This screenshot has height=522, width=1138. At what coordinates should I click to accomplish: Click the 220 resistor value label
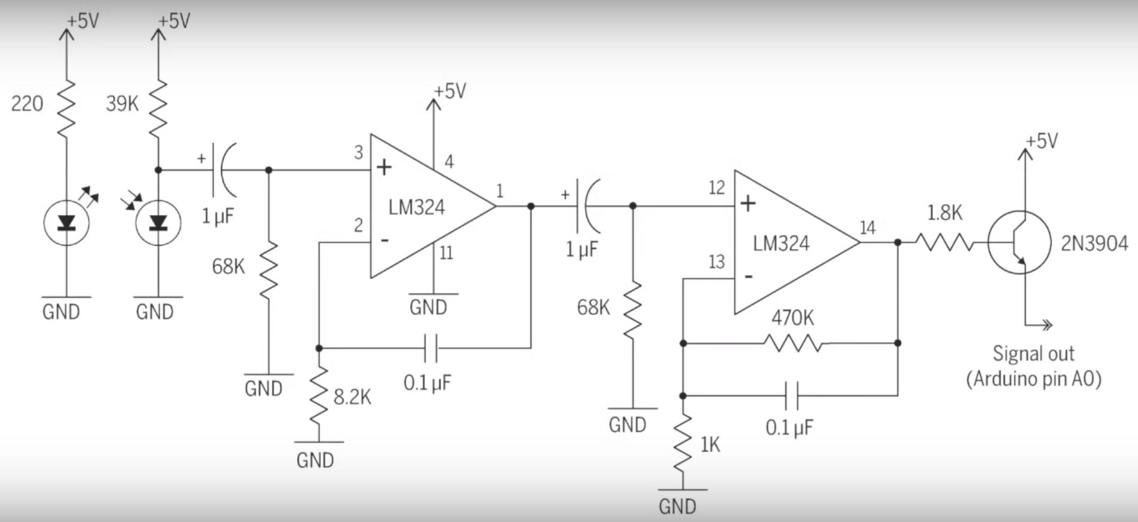(27, 104)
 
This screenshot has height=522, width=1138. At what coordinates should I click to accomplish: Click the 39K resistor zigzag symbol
(158, 108)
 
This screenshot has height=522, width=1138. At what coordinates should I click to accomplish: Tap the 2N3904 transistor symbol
(1018, 243)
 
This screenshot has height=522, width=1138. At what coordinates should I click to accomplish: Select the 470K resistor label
(792, 318)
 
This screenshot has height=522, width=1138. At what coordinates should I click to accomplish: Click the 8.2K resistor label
(352, 397)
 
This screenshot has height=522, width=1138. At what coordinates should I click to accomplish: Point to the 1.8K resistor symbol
(944, 242)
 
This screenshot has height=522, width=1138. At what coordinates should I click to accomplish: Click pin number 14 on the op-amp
(867, 228)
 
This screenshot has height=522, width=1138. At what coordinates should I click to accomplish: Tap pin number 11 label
(446, 253)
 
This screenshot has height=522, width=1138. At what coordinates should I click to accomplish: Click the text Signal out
(1033, 354)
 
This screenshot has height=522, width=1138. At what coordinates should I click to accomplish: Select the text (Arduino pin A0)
(1033, 379)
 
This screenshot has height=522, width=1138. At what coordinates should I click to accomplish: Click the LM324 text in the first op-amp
(417, 207)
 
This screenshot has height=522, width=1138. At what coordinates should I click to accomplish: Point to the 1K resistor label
(710, 445)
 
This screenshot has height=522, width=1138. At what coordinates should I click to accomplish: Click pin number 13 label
(716, 262)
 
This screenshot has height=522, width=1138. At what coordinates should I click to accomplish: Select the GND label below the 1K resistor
(677, 506)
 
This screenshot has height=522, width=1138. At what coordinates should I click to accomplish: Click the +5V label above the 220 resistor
(82, 22)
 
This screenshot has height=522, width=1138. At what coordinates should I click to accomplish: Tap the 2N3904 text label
(1094, 244)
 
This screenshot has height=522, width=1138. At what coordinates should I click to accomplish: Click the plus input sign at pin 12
(748, 204)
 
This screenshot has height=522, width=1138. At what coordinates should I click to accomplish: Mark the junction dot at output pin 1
(531, 206)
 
